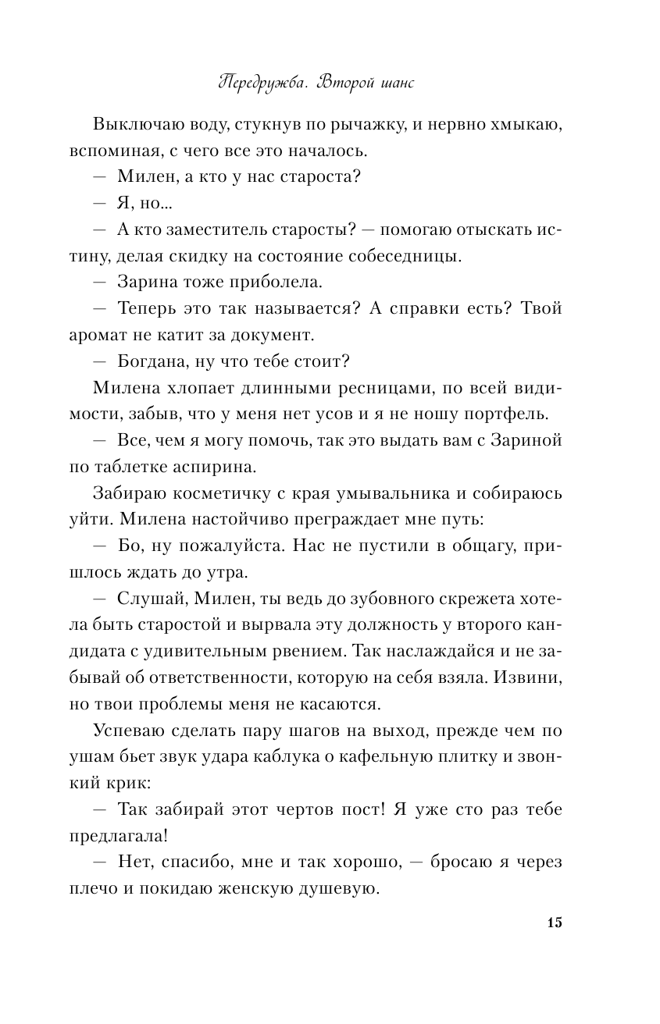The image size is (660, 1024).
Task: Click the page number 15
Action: tap(555, 923)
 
